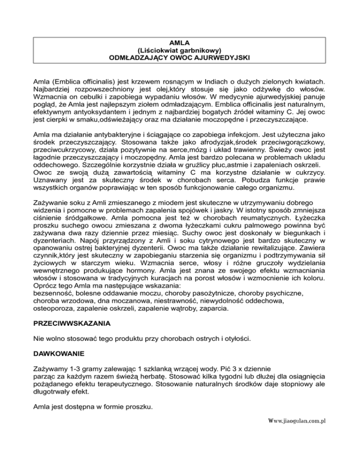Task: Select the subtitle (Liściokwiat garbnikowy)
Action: click(x=180, y=51)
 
